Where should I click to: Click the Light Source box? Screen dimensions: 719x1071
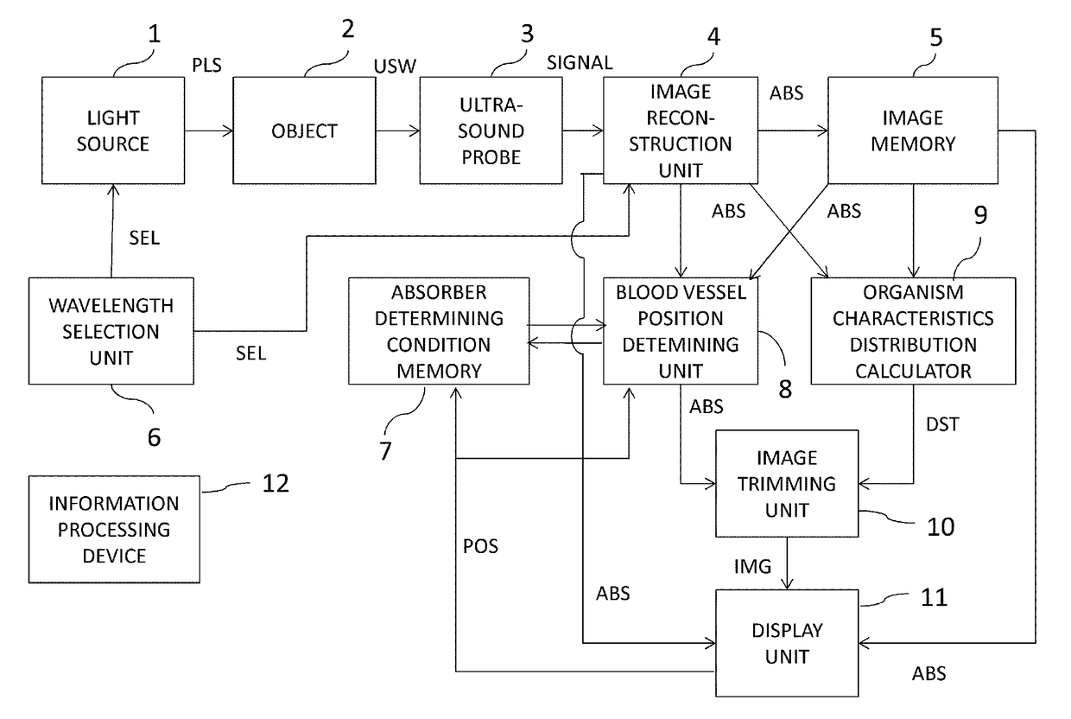coord(113,130)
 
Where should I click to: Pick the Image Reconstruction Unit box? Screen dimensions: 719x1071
coord(679,130)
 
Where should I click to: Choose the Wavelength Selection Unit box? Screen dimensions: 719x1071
coord(111,330)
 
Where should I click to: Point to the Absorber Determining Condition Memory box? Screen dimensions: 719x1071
coord(438,330)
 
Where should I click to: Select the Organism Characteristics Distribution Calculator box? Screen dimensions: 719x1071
coord(913,330)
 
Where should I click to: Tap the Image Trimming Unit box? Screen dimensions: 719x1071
coord(785,483)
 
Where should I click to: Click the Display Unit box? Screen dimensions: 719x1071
coord(785,643)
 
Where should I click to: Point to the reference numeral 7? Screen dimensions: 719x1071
coord(385,449)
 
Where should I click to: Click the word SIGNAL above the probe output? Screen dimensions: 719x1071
coord(580,62)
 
